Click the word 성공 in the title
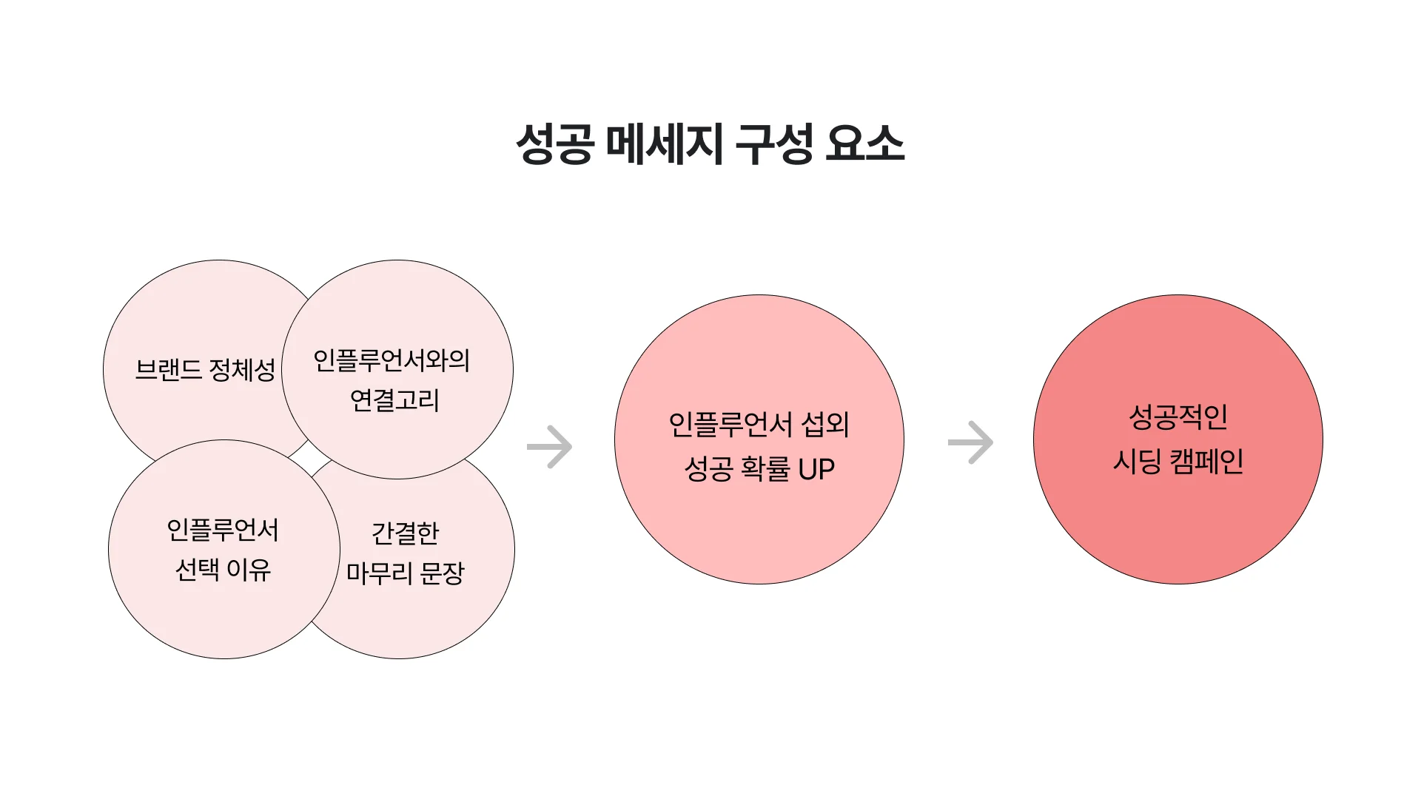pyautogui.click(x=554, y=144)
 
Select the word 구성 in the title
pyautogui.click(x=774, y=144)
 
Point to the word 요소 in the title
pyautogui.click(x=864, y=144)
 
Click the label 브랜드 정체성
pyautogui.click(x=205, y=369)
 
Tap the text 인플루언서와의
pyautogui.click(x=392, y=360)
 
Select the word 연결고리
pyautogui.click(x=394, y=400)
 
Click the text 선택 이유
pyautogui.click(x=223, y=570)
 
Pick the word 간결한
pyautogui.click(x=405, y=533)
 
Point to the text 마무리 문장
pyautogui.click(x=406, y=573)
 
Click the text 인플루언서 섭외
pyautogui.click(x=759, y=425)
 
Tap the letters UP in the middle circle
pyautogui.click(x=816, y=469)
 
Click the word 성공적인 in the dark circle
pyautogui.click(x=1178, y=417)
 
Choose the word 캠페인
pyautogui.click(x=1206, y=462)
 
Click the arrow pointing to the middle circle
pyautogui.click(x=550, y=447)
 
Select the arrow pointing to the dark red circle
pyautogui.click(x=970, y=442)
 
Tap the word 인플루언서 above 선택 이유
pyautogui.click(x=223, y=530)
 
